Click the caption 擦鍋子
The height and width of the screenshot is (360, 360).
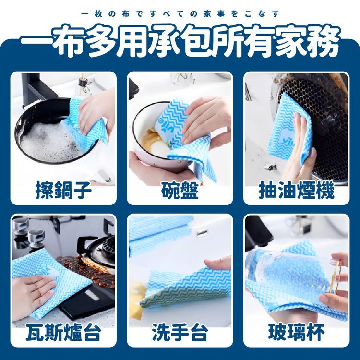(x=63, y=190)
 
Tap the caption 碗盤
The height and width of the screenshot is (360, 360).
(x=180, y=190)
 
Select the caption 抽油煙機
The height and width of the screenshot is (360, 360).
(x=297, y=190)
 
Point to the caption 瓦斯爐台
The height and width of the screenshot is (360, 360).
(x=63, y=332)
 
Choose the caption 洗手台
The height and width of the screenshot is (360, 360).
(x=180, y=332)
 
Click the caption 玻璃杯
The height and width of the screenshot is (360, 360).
(x=297, y=332)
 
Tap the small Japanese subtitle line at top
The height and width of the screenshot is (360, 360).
(x=180, y=14)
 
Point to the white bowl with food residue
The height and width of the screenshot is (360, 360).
(x=158, y=135)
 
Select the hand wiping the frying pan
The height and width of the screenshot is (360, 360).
(x=96, y=112)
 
